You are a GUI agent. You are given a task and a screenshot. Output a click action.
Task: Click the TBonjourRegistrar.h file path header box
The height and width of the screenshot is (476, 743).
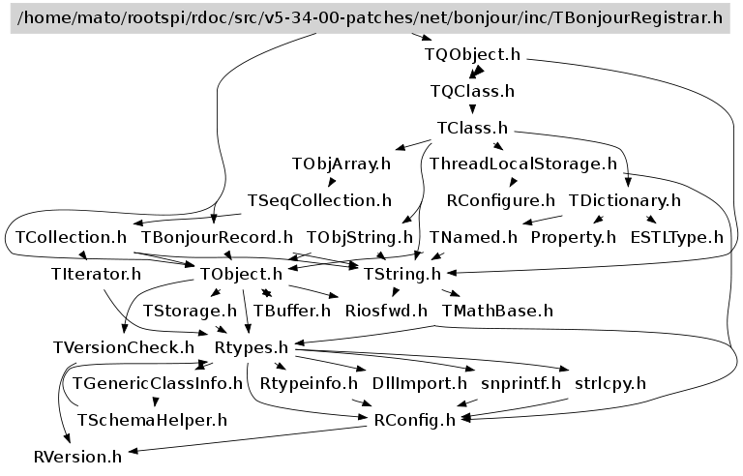pos(371,17)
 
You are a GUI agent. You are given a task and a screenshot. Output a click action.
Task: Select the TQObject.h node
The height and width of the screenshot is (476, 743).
pos(472,54)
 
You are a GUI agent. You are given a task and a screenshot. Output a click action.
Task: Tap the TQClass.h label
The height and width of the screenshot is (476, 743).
pos(472,92)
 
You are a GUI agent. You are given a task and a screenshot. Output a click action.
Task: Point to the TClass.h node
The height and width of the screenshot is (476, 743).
pos(472,128)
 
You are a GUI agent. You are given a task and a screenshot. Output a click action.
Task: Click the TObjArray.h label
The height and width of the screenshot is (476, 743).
pos(341,164)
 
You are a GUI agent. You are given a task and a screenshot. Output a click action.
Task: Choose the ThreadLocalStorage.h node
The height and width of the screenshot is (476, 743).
pos(523,164)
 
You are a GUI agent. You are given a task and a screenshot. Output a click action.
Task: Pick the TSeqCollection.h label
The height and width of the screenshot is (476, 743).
pos(319,200)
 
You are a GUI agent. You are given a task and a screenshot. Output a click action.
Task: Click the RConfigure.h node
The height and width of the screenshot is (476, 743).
pos(501,200)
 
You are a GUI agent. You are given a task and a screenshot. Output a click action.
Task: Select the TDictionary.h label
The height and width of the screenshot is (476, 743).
pos(625,200)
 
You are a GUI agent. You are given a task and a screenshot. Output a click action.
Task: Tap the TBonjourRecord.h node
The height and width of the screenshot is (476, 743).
pos(217,236)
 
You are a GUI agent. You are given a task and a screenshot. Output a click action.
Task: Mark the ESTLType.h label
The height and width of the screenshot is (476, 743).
pos(676,236)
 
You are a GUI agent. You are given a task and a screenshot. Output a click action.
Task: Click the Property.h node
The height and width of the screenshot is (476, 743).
pos(573,236)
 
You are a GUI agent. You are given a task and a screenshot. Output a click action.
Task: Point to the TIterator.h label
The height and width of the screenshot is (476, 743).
pos(96,274)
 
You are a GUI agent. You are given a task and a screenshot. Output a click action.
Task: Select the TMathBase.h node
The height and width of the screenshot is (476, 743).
pos(497,311)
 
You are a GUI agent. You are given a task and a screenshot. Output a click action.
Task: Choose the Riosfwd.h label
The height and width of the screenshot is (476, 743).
pos(386,311)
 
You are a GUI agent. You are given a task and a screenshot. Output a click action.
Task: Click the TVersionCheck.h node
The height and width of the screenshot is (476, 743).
pos(123,346)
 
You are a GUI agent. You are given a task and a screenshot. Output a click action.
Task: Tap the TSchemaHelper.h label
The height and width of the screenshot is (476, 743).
pos(151,420)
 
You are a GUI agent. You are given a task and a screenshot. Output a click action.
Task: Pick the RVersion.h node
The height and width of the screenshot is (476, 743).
pos(77,456)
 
